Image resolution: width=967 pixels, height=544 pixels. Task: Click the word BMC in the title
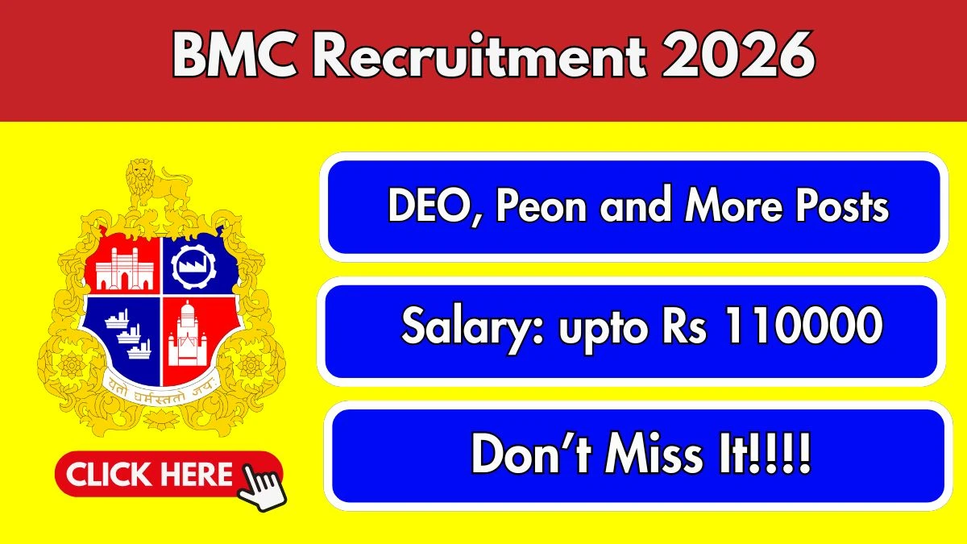(235, 56)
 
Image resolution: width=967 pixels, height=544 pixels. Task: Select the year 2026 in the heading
(737, 56)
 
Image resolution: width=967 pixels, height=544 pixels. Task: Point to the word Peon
(542, 206)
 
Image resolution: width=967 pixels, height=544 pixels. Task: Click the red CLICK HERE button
(168, 474)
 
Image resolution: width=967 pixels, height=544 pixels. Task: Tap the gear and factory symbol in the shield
(193, 265)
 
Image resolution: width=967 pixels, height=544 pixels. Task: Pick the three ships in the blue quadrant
(128, 334)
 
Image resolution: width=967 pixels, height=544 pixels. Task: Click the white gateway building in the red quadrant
(124, 268)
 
